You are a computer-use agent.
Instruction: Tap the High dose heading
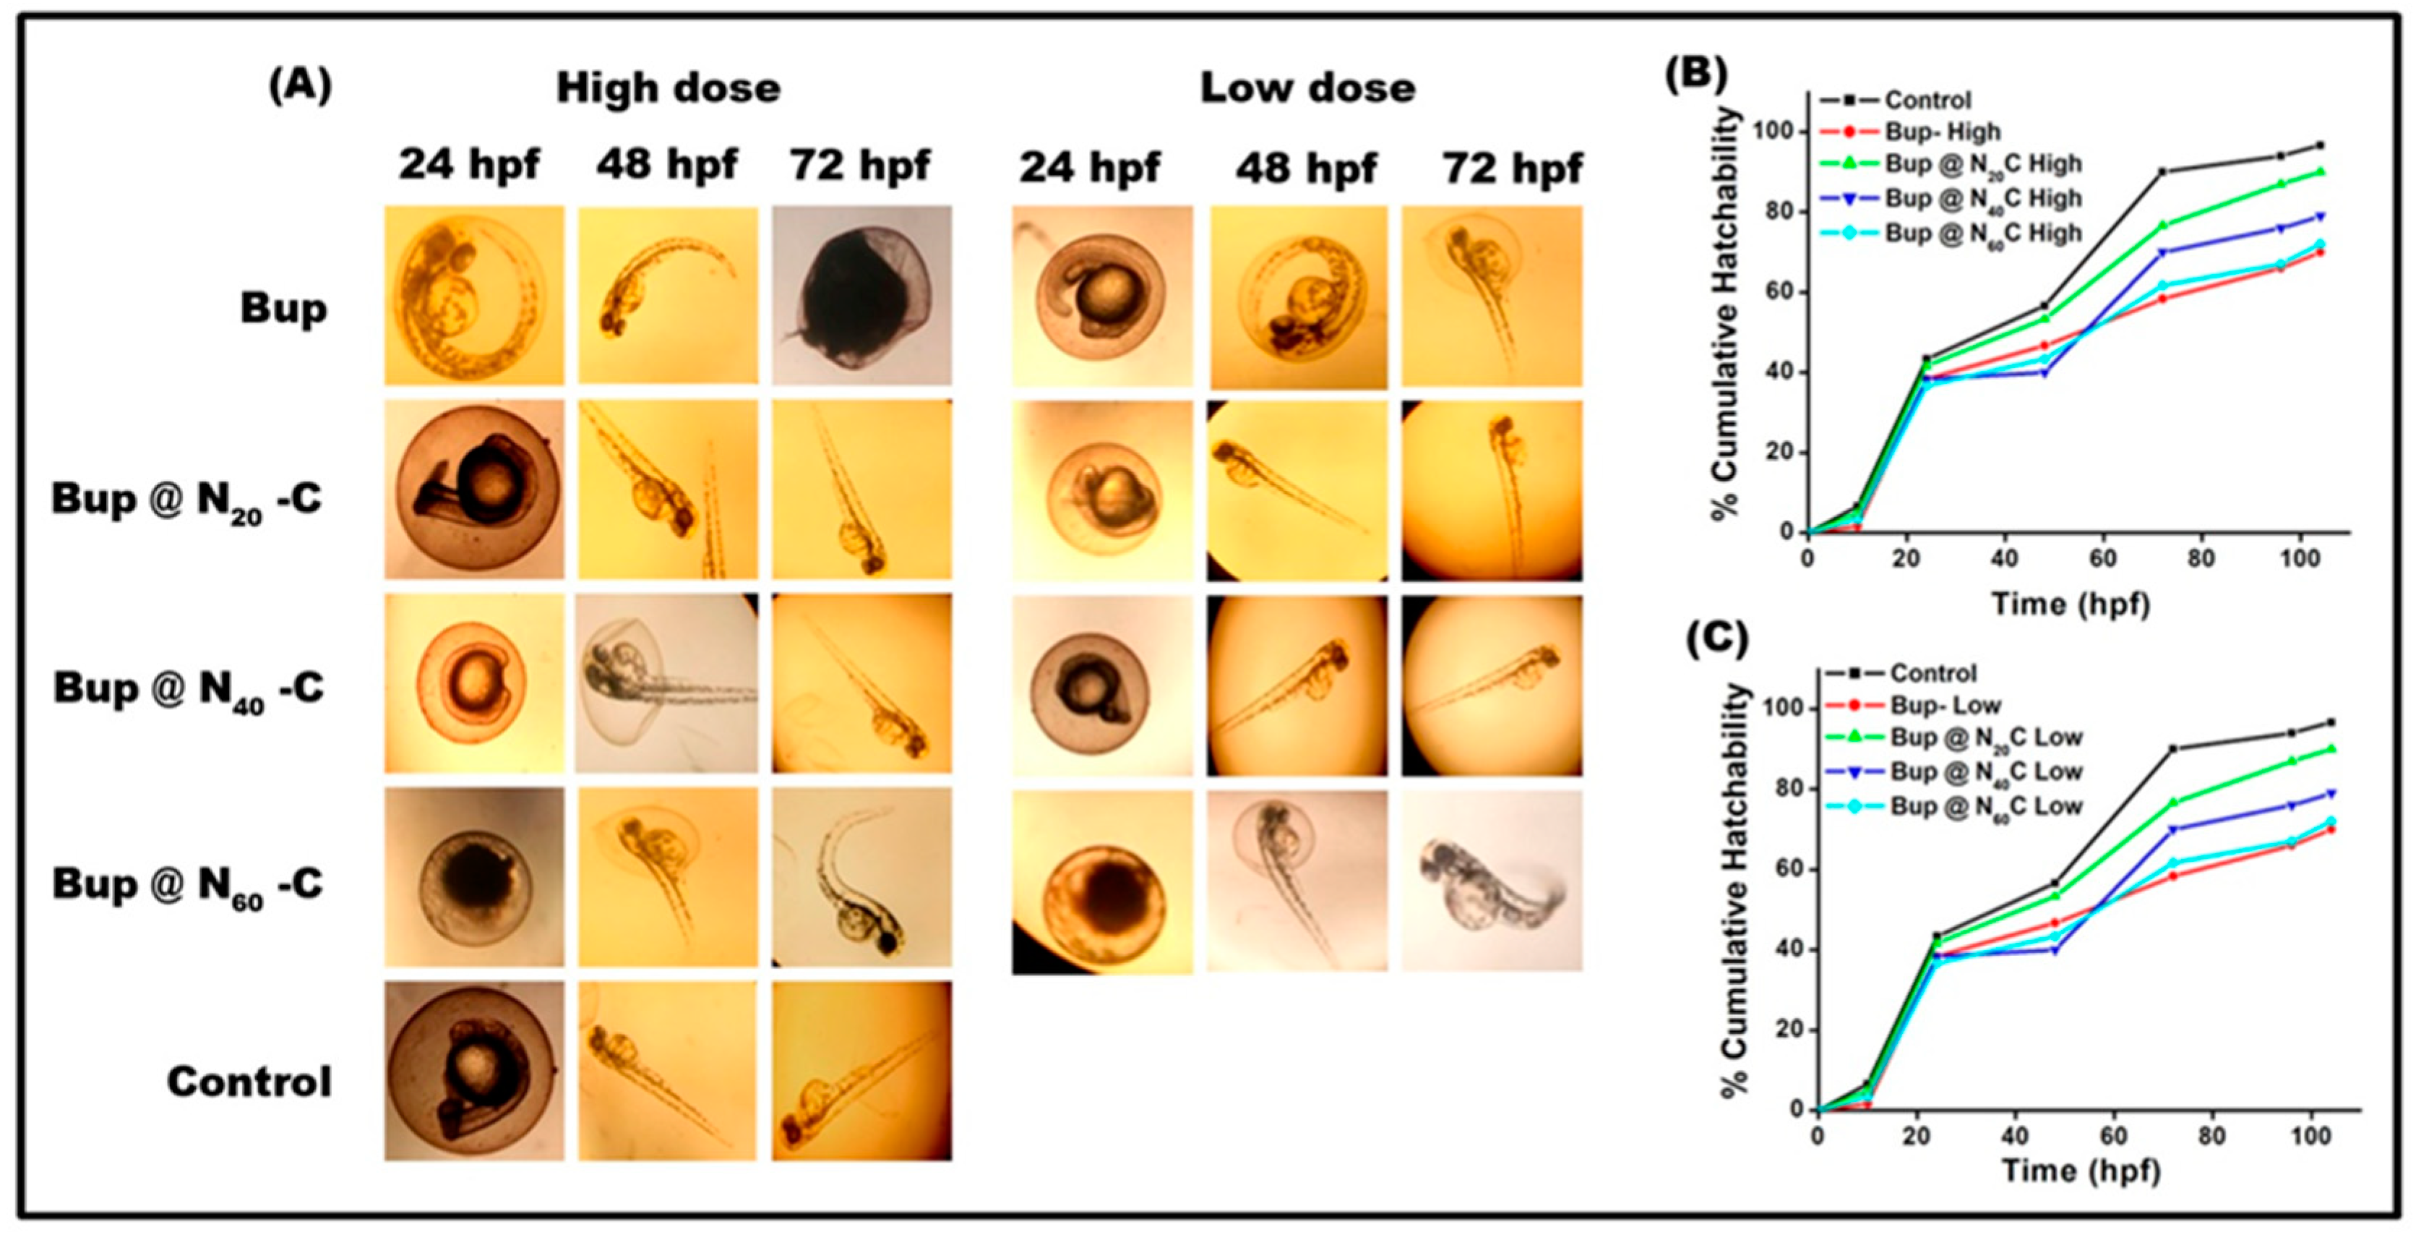point(668,89)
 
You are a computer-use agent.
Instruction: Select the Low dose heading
point(1307,89)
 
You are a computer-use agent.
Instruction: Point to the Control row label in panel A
point(249,1082)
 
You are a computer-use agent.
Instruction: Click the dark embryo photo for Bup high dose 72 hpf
point(861,296)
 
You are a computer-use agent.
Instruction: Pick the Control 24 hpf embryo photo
point(475,1071)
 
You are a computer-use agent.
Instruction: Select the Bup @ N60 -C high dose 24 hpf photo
point(475,877)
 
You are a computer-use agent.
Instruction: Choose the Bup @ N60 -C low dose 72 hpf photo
point(1491,880)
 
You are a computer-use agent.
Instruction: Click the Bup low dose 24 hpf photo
point(1102,296)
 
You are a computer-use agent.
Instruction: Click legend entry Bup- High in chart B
point(1941,132)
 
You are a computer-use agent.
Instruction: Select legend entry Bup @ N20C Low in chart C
point(1985,738)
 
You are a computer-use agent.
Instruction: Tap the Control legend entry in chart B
point(1927,100)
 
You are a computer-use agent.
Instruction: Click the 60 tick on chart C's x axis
point(2114,1136)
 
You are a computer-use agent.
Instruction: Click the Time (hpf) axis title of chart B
point(2070,603)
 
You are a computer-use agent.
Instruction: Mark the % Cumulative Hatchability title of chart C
point(1736,891)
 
